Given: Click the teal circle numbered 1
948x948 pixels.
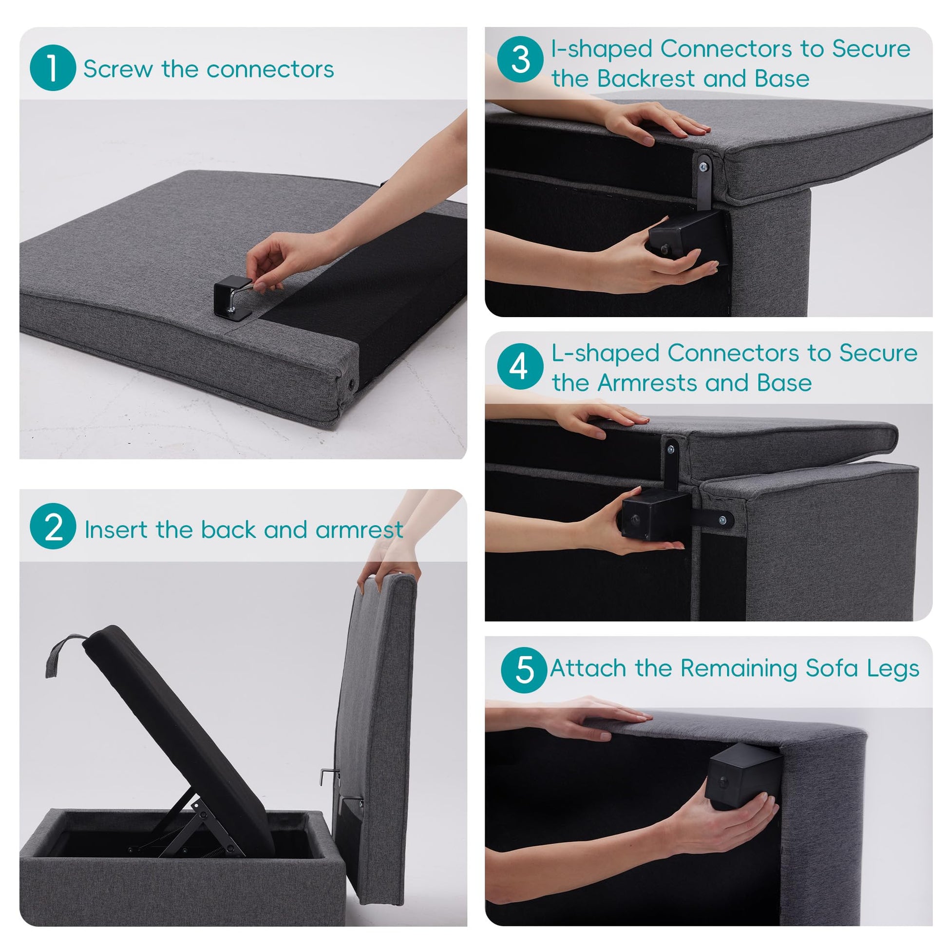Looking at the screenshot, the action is coord(53,68).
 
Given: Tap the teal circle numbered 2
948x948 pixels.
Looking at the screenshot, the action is coord(53,526).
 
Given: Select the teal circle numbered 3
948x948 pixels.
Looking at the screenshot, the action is coord(520,59).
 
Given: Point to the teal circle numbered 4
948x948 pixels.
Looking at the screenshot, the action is coord(520,366).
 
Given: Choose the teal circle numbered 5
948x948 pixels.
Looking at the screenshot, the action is coord(524,670).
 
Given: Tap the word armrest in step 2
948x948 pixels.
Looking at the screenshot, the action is coord(359,530).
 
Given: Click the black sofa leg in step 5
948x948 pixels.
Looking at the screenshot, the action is coord(743,776).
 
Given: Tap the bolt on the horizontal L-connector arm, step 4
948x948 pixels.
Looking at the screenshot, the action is coord(722,520).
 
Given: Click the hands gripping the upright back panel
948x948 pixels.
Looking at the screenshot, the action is coord(390,564).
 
